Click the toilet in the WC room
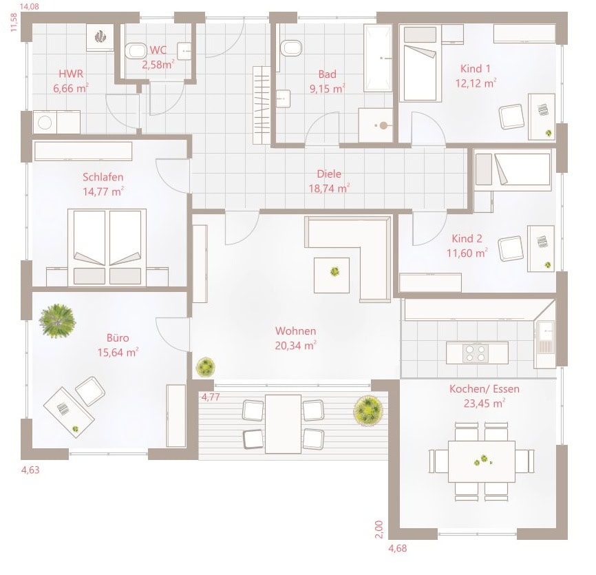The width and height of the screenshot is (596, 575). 136,50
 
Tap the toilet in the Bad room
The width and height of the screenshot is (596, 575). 291,48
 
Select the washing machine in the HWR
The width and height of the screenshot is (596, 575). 45,123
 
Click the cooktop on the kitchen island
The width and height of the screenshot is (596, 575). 476,353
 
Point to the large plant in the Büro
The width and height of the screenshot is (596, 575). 57,321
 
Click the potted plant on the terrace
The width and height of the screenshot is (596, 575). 368,409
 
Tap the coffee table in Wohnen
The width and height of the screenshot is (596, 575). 332,275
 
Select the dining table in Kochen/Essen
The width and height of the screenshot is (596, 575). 482,461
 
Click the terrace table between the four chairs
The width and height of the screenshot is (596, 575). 283,424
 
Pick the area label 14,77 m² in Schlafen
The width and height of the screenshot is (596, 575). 103,191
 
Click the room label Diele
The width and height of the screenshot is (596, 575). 329,174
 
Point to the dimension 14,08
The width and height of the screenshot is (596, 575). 30,6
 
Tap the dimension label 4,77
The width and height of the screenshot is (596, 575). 211,397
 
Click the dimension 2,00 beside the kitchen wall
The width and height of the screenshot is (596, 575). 379,530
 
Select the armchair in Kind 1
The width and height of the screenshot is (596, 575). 511,117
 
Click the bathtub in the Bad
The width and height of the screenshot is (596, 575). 378,58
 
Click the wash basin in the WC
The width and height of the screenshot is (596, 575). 184,52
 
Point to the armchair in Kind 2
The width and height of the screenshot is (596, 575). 510,249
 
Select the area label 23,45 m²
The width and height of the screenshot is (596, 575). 485,403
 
